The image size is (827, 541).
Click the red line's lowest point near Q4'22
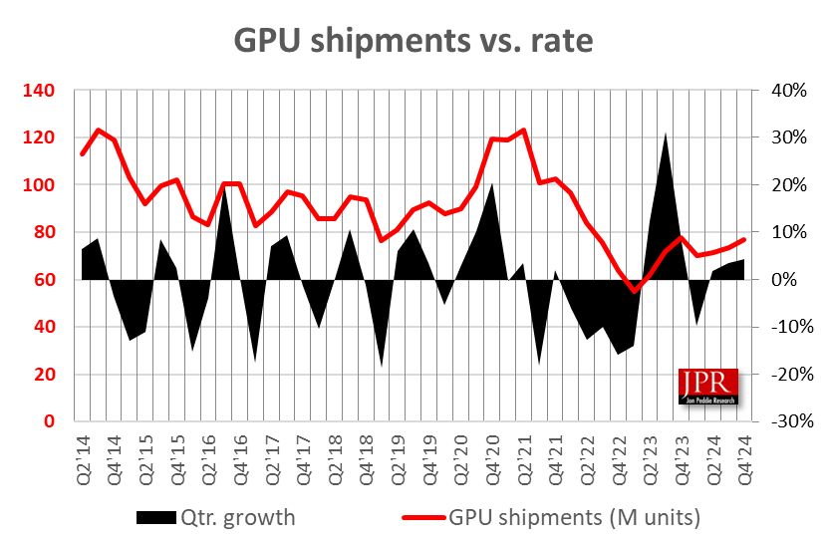pyautogui.click(x=634, y=291)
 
